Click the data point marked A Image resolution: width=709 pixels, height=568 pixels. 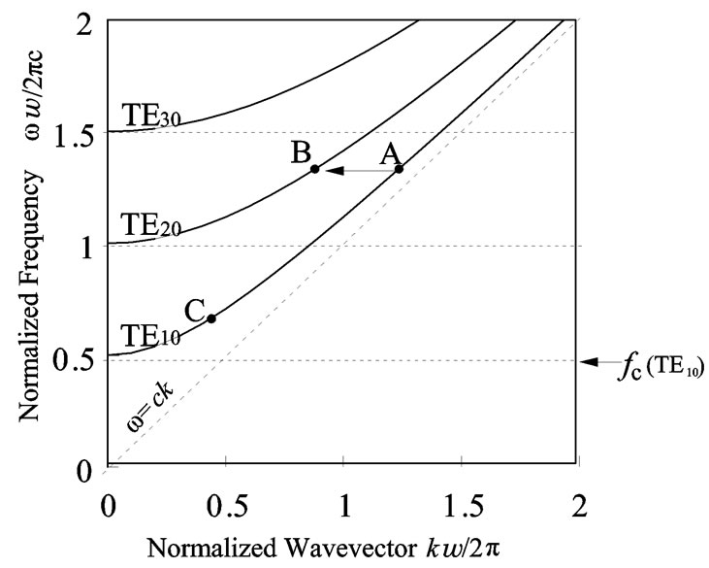tap(399, 169)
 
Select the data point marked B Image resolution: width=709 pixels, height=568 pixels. tap(314, 169)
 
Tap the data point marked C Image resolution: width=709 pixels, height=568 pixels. tap(210, 318)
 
